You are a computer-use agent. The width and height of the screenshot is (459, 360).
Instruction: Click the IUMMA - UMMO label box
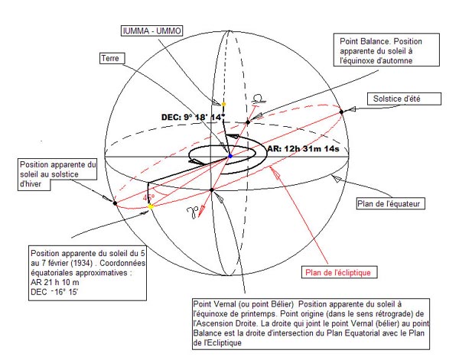(152, 31)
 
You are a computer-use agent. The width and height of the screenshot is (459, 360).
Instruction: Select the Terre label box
(112, 58)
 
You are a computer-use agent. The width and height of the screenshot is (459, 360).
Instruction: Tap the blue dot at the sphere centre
(230, 156)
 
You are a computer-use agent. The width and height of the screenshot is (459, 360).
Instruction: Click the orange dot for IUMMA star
(223, 104)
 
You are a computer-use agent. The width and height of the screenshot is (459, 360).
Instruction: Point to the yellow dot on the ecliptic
(151, 207)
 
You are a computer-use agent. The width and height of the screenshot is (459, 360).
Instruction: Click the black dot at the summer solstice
(341, 112)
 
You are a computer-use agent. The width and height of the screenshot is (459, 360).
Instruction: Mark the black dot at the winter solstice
(115, 203)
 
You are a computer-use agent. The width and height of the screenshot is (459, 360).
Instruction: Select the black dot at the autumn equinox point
(248, 122)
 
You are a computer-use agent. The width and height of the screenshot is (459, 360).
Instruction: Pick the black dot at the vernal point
(212, 190)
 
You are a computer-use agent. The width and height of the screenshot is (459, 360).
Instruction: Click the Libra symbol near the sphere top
(259, 99)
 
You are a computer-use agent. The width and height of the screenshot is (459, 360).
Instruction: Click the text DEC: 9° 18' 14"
(194, 117)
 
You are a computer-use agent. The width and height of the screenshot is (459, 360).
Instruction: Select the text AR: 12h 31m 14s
(303, 148)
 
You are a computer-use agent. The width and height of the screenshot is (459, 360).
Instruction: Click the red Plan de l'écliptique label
(338, 273)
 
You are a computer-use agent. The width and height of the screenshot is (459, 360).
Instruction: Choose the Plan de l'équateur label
(389, 204)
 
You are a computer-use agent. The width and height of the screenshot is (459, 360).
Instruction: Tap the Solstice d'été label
(396, 99)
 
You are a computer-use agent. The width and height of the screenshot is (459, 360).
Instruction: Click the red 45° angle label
(148, 198)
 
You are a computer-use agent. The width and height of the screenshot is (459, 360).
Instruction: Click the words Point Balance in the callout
(364, 41)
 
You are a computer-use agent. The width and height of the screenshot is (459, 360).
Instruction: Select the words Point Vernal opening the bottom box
(214, 304)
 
